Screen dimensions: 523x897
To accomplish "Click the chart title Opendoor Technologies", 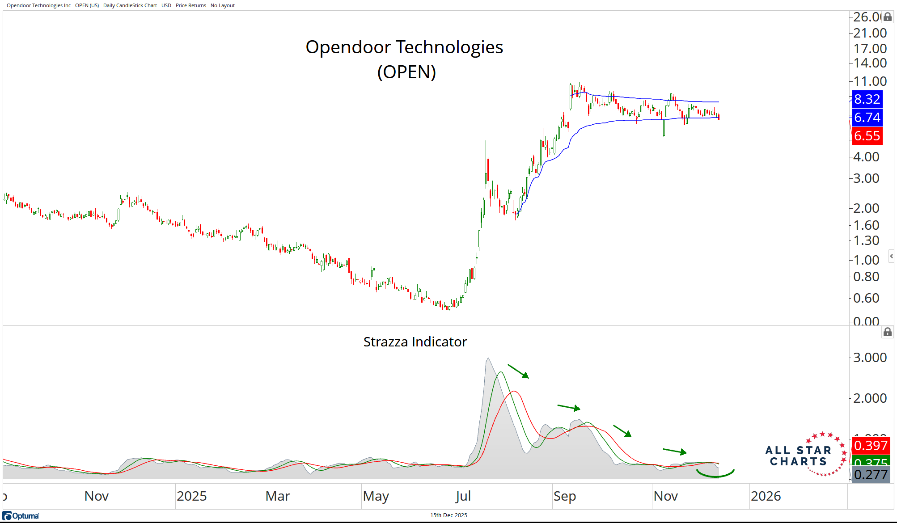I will pyautogui.click(x=404, y=47).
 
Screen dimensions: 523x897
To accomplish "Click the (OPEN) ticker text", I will pyautogui.click(x=406, y=72).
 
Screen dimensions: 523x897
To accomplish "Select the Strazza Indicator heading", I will pyautogui.click(x=415, y=342).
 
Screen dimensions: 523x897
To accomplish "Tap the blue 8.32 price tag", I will pyautogui.click(x=867, y=99).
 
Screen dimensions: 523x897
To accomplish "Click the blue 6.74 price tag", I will pyautogui.click(x=867, y=118).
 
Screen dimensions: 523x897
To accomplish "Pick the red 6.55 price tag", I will pyautogui.click(x=867, y=136).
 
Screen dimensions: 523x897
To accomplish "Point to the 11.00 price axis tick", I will pyautogui.click(x=870, y=81).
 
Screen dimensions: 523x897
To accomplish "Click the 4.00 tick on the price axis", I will pyautogui.click(x=866, y=157).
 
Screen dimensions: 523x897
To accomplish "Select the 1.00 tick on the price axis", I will pyautogui.click(x=866, y=260).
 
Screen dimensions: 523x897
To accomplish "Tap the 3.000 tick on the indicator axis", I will pyautogui.click(x=870, y=358).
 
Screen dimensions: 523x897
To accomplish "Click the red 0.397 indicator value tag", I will pyautogui.click(x=870, y=446).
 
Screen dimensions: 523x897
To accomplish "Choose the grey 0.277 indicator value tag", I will pyautogui.click(x=870, y=475).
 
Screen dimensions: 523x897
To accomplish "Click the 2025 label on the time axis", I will pyautogui.click(x=192, y=496).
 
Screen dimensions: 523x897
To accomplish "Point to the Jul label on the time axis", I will pyautogui.click(x=463, y=496).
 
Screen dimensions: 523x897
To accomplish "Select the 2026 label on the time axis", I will pyautogui.click(x=766, y=496).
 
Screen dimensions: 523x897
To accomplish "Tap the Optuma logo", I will pyautogui.click(x=21, y=516).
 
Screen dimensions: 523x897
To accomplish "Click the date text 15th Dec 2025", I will pyautogui.click(x=448, y=515).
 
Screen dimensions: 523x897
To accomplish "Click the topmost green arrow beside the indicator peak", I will pyautogui.click(x=518, y=371).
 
